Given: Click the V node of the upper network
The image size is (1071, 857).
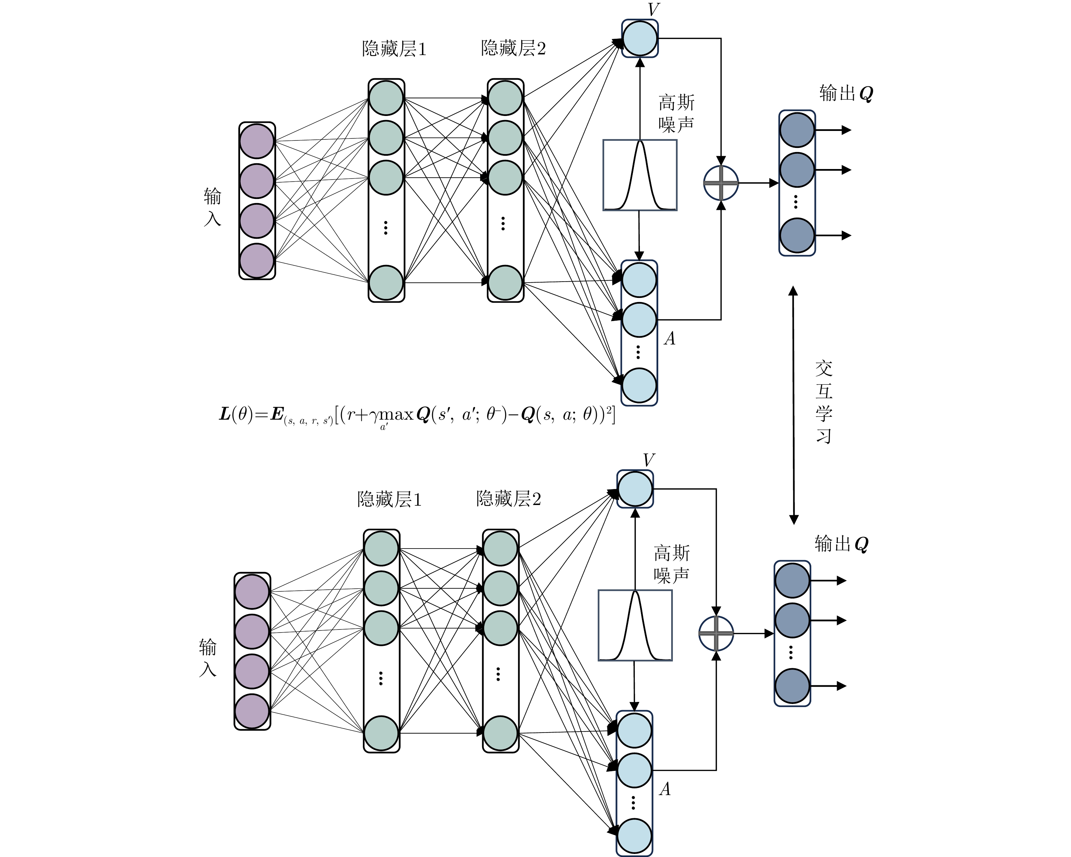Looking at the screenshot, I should pyautogui.click(x=640, y=38).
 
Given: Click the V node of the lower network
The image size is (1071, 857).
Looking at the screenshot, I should pyautogui.click(x=635, y=489).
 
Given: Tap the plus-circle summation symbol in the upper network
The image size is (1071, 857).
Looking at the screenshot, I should pyautogui.click(x=721, y=183).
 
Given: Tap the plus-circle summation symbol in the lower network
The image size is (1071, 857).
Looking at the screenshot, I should pyautogui.click(x=716, y=634).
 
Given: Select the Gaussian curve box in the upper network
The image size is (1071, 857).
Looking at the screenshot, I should pyautogui.click(x=640, y=175).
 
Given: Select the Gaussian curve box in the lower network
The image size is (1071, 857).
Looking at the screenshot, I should pyautogui.click(x=635, y=625).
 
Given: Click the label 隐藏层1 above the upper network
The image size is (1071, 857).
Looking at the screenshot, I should pyautogui.click(x=394, y=49).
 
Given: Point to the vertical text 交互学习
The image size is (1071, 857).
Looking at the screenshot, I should pyautogui.click(x=823, y=401).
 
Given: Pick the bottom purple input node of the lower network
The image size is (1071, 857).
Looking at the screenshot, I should pyautogui.click(x=252, y=711).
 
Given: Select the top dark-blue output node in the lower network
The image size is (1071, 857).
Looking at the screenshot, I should pyautogui.click(x=792, y=580).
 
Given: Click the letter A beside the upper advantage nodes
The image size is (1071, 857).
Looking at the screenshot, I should pyautogui.click(x=669, y=339).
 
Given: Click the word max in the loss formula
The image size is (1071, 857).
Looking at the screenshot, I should pyautogui.click(x=396, y=414).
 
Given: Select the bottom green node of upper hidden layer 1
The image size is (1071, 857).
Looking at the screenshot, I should pyautogui.click(x=386, y=283).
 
